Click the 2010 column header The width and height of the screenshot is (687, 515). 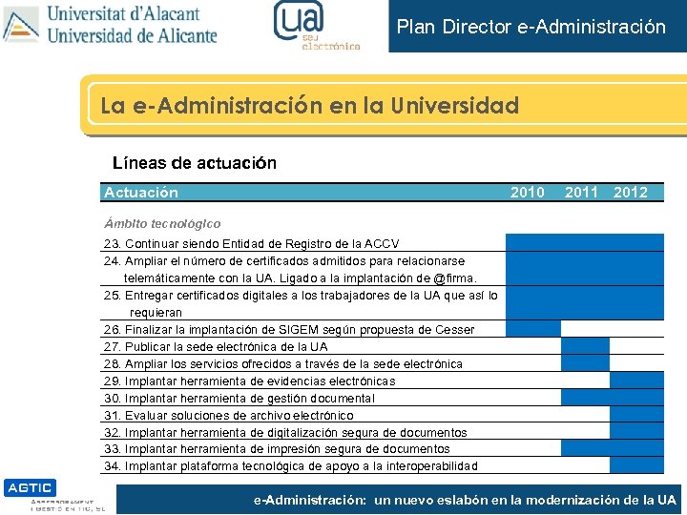528,193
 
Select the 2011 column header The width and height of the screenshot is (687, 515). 581,193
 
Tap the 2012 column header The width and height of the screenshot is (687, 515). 631,193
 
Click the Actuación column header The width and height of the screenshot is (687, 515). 141,193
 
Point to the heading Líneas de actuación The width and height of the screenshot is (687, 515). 195,163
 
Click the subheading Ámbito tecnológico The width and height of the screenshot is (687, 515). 162,223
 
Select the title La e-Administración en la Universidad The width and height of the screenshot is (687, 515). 309,105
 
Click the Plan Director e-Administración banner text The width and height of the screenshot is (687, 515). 531,27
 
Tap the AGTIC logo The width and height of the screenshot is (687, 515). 30,487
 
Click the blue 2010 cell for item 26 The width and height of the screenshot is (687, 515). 532,329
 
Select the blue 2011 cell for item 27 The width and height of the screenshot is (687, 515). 585,346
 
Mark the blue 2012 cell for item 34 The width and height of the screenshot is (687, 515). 636,465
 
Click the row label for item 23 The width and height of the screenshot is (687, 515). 252,244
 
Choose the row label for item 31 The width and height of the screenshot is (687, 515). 228,415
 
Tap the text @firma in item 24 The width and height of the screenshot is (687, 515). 454,278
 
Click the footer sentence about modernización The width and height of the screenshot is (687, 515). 465,499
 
